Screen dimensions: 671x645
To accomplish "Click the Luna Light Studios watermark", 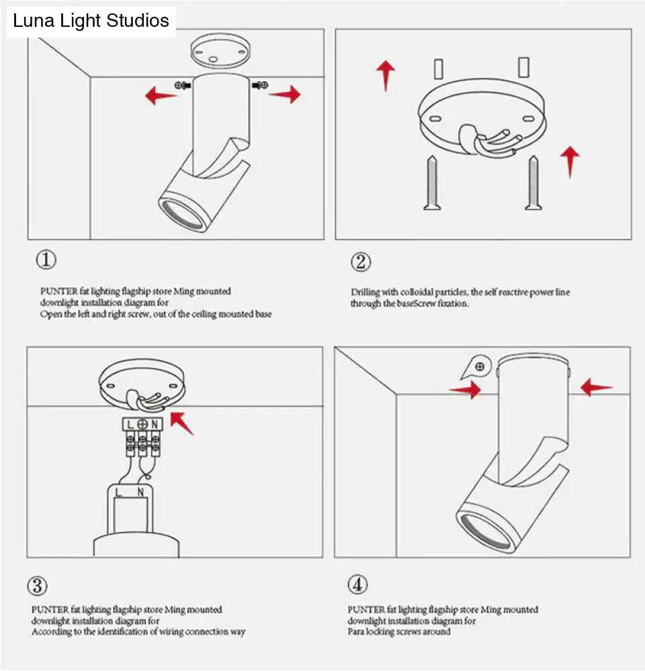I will (91, 21).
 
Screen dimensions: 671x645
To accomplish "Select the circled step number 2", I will (360, 262).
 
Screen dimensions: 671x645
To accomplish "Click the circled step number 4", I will (357, 584).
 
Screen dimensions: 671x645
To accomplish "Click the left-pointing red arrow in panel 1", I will (161, 95).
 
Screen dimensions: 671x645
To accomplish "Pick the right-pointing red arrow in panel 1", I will (285, 94).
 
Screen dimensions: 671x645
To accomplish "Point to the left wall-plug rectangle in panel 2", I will (438, 68).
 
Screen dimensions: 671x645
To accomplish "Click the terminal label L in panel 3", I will (129, 424).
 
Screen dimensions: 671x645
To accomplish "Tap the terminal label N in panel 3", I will (155, 424).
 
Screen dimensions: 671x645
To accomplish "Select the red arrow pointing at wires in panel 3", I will (182, 424).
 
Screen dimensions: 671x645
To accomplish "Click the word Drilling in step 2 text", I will (365, 293).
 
